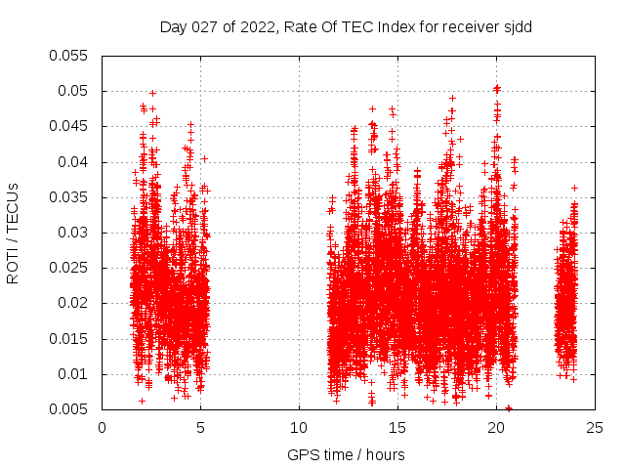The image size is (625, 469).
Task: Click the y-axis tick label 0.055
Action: pos(69,56)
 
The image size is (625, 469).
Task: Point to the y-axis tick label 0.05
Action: pos(73,91)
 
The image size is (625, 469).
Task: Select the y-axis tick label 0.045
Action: pos(69,126)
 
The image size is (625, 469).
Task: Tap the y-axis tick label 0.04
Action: pos(73,162)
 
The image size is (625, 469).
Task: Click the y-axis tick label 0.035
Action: pos(69,197)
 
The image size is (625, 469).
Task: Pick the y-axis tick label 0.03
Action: pos(73,233)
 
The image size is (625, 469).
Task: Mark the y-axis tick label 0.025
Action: pos(69,268)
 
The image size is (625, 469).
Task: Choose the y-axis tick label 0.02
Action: pos(73,304)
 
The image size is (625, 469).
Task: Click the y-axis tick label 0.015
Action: pos(69,339)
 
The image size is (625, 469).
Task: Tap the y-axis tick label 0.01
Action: pos(73,374)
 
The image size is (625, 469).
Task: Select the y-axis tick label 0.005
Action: pos(69,409)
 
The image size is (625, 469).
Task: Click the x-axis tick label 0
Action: pos(103,428)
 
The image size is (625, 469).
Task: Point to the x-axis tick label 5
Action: pos(201,428)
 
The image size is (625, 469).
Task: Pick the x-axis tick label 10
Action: pos(300,428)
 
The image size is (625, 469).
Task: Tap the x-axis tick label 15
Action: pos(397,428)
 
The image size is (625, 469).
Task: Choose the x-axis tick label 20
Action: pos(496,428)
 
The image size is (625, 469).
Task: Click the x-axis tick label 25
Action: pos(595,428)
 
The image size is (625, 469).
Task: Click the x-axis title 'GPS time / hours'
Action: pos(346,454)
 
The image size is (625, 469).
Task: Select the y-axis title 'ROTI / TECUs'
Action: pos(13,234)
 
